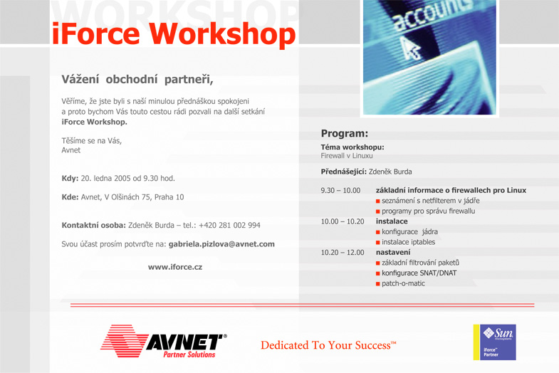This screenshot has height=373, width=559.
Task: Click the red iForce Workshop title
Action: click(174, 35)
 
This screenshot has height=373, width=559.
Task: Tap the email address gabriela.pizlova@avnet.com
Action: click(221, 244)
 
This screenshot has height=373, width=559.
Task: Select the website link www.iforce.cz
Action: click(175, 267)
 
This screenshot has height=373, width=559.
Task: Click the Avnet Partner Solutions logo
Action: click(164, 341)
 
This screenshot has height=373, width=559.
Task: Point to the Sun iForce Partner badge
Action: click(494, 342)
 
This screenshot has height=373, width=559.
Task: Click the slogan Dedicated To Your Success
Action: click(328, 345)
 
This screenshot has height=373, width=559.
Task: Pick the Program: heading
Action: click(345, 134)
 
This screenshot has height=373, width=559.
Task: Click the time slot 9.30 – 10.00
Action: click(340, 191)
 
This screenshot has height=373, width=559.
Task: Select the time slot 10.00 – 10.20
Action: click(343, 221)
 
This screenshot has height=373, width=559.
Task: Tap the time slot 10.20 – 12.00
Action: click(343, 253)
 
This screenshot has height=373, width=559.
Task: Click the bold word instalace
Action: click(392, 221)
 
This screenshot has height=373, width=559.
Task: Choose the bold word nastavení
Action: click(393, 252)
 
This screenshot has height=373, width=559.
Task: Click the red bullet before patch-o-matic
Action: click(378, 284)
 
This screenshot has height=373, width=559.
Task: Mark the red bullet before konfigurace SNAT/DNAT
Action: click(378, 273)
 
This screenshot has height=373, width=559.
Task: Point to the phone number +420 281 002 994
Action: click(229, 225)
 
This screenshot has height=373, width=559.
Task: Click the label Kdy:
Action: click(70, 179)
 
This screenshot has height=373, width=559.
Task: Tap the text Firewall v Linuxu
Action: click(347, 156)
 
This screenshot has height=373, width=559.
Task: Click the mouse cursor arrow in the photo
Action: click(410, 48)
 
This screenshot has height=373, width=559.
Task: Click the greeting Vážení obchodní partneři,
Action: click(137, 80)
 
